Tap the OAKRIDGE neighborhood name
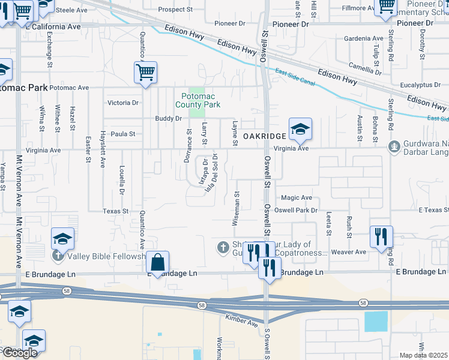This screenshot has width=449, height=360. pyautogui.click(x=265, y=137)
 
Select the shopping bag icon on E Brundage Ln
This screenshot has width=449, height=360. pyautogui.click(x=157, y=263)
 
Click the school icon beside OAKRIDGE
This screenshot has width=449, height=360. pyautogui.click(x=300, y=128)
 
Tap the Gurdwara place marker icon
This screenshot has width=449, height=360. pyautogui.click(x=394, y=145)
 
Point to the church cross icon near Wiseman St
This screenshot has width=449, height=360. pyautogui.click(x=223, y=247)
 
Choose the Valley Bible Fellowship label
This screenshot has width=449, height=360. pyautogui.click(x=106, y=256)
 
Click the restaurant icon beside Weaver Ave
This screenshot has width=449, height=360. pyautogui.click(x=381, y=237)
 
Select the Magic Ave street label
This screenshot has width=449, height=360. pyautogui.click(x=297, y=197)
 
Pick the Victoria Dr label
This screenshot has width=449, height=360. pyautogui.click(x=122, y=103)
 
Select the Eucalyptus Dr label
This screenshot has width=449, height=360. pyautogui.click(x=419, y=85)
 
